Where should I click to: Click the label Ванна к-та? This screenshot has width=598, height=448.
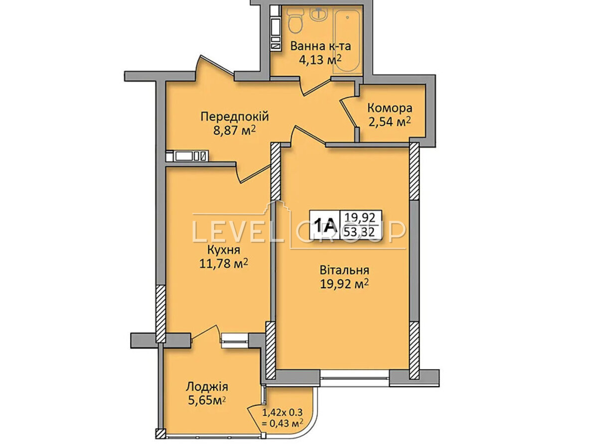point(320,46)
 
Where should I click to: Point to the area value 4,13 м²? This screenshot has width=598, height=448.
point(320,60)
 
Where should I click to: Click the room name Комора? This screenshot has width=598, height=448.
point(390,108)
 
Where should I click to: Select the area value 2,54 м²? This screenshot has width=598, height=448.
point(390,121)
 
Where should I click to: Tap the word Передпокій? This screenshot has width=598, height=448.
point(235,116)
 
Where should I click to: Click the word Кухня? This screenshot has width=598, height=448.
point(224,250)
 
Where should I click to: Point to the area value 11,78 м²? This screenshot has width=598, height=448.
point(224,263)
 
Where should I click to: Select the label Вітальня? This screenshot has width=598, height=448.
point(344,270)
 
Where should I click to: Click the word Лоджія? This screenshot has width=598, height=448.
point(207,387)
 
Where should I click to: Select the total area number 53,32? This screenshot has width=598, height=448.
point(359,232)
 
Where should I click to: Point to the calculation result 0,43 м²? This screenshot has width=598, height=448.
point(283,423)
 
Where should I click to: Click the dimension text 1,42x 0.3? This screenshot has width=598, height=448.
point(282,413)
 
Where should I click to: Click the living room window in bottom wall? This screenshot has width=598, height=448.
point(355,378)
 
